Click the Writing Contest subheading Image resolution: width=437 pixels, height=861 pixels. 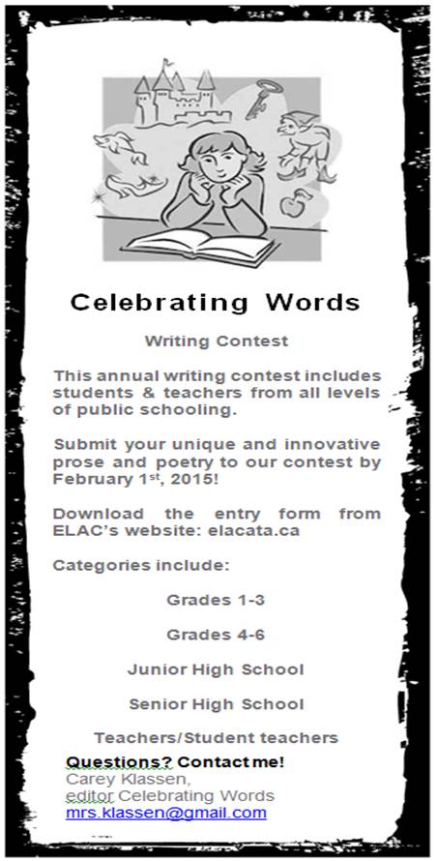[x=217, y=341]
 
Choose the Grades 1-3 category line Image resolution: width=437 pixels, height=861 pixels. [x=216, y=600]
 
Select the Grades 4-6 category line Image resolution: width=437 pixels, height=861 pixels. [x=216, y=635]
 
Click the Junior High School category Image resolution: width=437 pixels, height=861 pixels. [x=216, y=669]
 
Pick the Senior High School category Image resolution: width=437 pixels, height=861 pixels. [x=216, y=704]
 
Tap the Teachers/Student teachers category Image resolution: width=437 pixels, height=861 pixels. [x=216, y=738]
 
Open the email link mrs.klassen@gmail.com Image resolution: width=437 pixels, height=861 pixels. [x=165, y=814]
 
